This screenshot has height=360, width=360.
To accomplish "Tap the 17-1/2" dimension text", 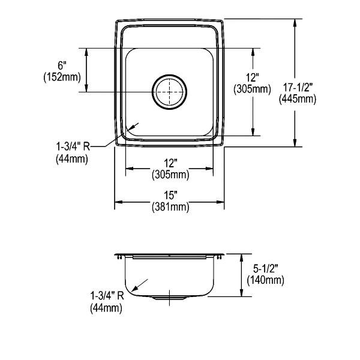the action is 298,88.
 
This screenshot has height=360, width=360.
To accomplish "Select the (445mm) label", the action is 298,99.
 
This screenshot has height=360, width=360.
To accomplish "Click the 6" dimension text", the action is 62,65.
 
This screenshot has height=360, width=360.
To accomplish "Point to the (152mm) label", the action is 62,77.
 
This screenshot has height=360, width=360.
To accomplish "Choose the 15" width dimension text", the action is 170,196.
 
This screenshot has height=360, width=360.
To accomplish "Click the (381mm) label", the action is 170,207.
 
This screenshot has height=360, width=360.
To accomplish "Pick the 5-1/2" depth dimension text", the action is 266,268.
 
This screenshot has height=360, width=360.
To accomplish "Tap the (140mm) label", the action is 265,280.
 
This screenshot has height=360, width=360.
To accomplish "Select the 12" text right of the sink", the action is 253,77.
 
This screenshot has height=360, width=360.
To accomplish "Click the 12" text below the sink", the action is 170,163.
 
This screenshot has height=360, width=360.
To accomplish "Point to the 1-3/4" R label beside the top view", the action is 73,146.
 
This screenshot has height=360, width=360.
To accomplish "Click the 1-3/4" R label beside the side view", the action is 107,296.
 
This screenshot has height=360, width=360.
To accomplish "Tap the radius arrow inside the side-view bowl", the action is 140,285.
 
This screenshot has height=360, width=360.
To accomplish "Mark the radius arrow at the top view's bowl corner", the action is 132,127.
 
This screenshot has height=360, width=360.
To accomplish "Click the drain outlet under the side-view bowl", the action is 169,298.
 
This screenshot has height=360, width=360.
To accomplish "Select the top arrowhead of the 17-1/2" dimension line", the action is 295,23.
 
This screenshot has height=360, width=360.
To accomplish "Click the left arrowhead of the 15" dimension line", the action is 118,202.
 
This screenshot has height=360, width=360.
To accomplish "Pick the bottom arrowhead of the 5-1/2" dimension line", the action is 241,292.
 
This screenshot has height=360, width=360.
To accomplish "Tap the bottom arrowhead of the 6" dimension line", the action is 86,88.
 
